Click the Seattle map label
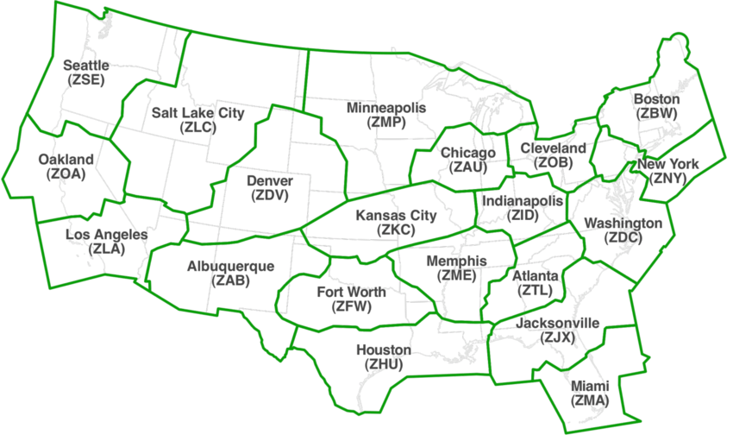(87, 65)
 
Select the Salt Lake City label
(198, 113)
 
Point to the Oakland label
(66, 160)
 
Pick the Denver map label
(270, 181)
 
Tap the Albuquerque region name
(230, 266)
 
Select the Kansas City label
(397, 216)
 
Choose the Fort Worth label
(351, 292)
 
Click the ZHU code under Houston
(384, 364)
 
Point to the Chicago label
(468, 154)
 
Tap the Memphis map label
(457, 261)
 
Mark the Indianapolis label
(523, 200)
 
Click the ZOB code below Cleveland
(553, 162)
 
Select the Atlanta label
(536, 276)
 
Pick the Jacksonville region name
(557, 323)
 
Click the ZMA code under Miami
(590, 400)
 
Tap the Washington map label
(623, 224)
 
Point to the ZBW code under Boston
(656, 112)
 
